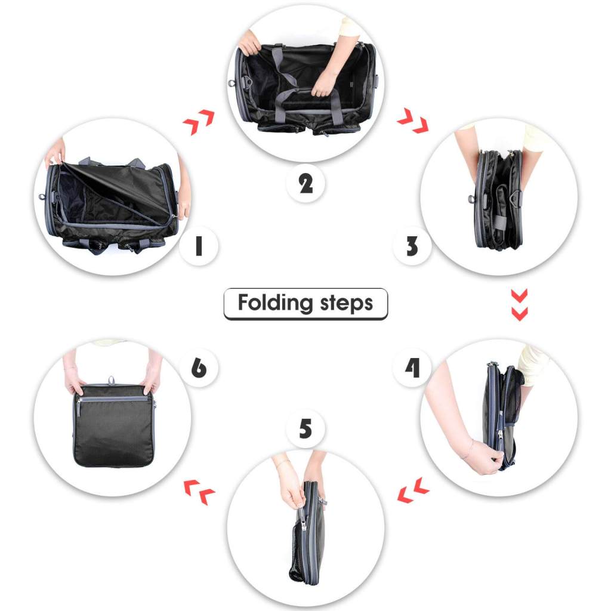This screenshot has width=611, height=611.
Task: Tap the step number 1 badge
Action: [199, 246]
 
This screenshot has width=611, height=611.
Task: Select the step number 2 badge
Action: [305, 183]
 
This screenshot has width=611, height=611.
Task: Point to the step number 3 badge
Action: [412, 246]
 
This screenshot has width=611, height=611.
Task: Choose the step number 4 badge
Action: [412, 368]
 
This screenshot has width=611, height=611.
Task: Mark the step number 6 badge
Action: [199, 368]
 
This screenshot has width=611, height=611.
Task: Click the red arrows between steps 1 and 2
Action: [198, 122]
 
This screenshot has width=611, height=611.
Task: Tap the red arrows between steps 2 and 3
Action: [413, 121]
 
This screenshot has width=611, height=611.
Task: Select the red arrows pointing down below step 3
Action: [520, 305]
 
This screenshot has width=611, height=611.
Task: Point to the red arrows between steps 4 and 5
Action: [413, 490]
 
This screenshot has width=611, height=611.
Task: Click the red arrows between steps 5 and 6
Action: [199, 492]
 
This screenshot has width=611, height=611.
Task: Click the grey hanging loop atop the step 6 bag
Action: [112, 381]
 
